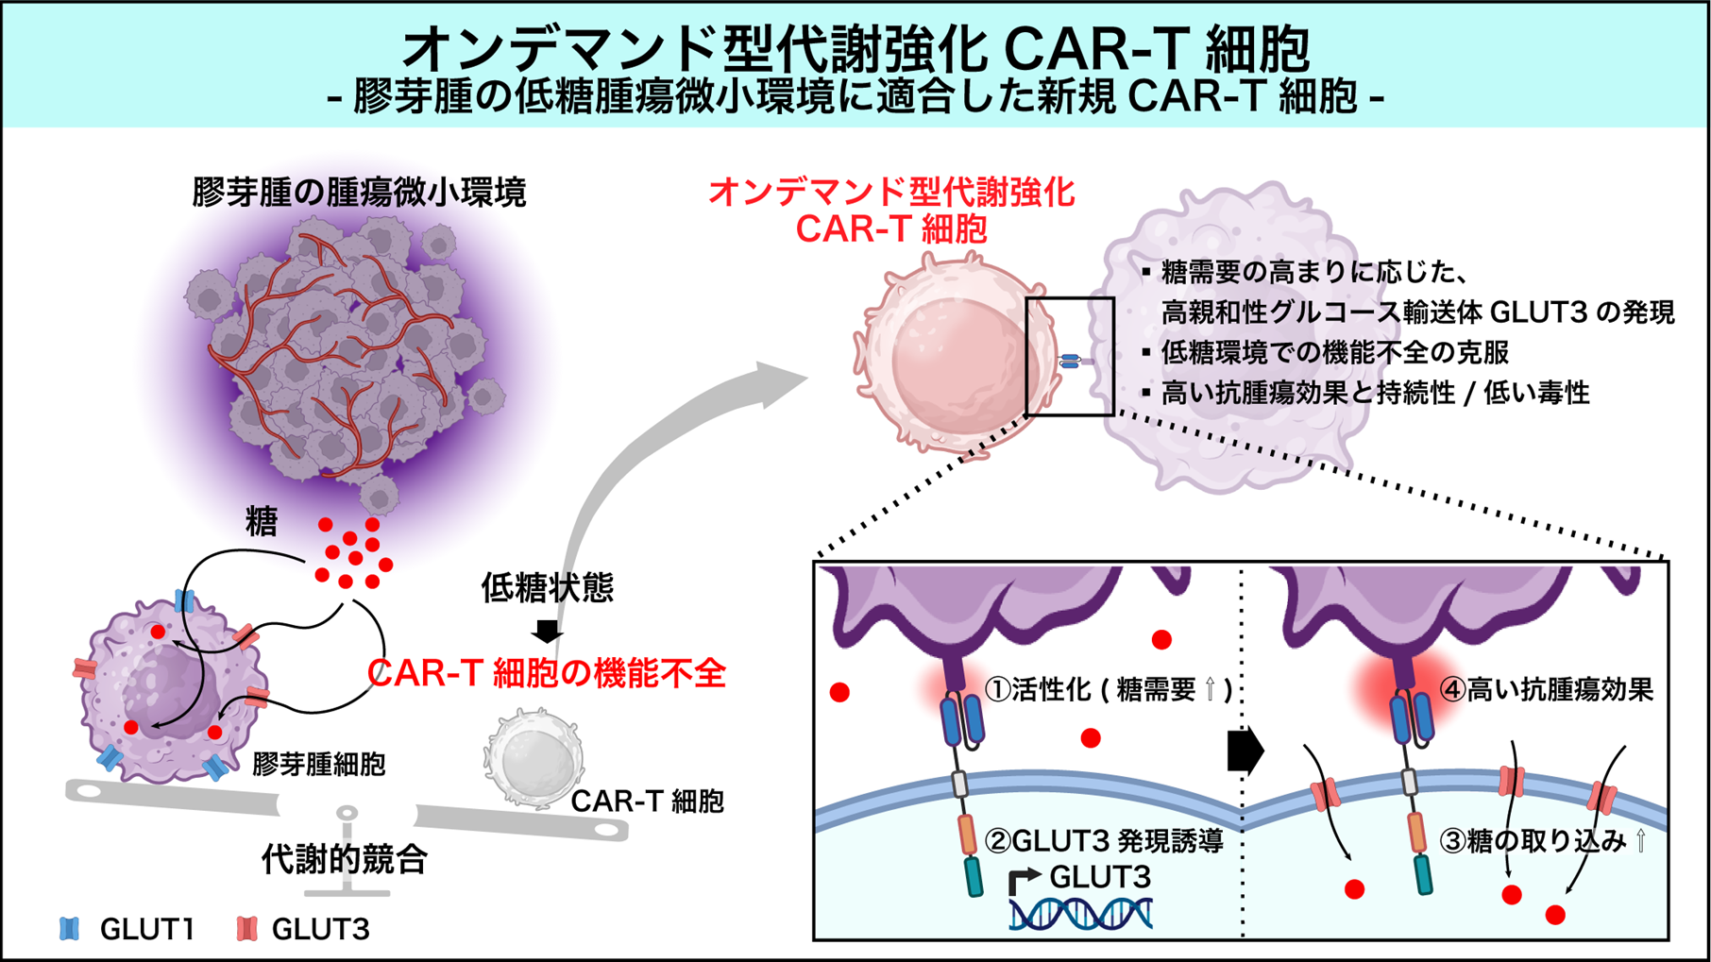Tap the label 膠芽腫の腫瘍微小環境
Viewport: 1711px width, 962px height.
(x=359, y=193)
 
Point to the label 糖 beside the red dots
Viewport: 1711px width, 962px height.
(x=262, y=521)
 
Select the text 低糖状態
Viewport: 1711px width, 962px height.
(x=548, y=587)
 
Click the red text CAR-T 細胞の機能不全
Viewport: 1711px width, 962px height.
(x=547, y=673)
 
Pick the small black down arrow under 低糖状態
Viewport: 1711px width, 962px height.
(x=548, y=631)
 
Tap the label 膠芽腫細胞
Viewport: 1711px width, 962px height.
(x=318, y=764)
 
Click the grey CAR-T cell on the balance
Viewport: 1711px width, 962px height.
(x=533, y=758)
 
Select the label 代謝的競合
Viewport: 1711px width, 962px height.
(x=345, y=859)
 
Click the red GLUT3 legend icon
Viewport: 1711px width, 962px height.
(x=247, y=929)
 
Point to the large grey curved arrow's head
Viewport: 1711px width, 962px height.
(x=784, y=382)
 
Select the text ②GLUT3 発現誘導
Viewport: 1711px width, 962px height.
(x=1104, y=839)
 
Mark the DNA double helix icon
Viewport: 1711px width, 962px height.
(x=1081, y=914)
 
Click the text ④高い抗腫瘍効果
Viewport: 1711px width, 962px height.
(x=1546, y=690)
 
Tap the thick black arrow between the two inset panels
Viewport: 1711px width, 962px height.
(x=1245, y=751)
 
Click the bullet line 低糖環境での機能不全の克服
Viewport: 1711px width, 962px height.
(x=1334, y=352)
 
